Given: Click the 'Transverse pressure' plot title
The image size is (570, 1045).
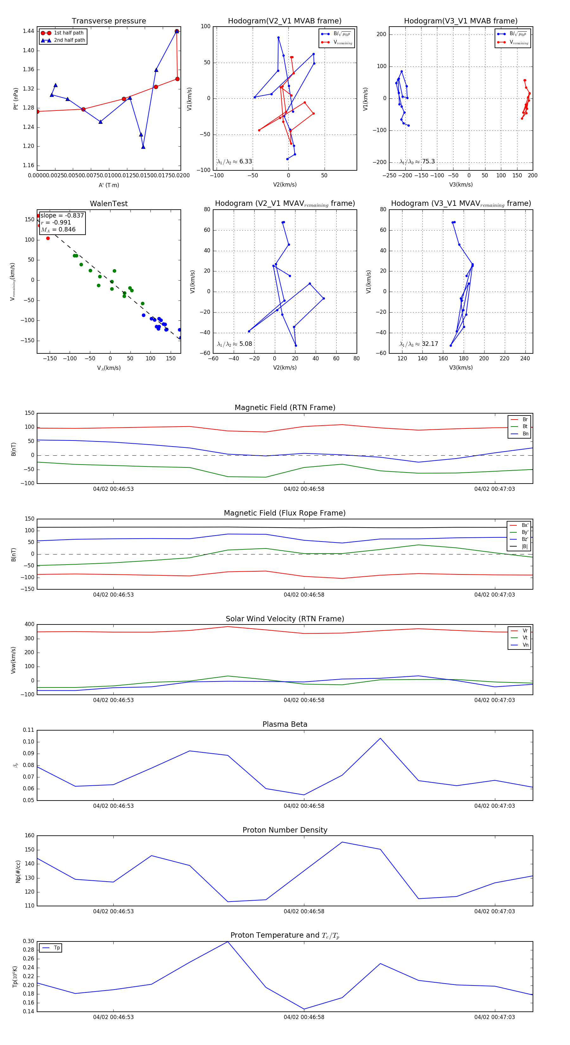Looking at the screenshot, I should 109,21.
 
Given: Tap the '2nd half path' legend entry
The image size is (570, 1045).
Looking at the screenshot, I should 69,40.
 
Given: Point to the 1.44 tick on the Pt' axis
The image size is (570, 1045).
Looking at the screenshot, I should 28,31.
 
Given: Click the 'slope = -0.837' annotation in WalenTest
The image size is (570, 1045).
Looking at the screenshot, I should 62,215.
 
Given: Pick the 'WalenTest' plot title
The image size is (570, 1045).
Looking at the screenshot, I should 109,204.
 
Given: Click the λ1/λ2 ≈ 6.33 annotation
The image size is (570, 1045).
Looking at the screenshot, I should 234,161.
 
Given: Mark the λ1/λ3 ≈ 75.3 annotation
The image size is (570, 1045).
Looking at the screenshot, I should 417,161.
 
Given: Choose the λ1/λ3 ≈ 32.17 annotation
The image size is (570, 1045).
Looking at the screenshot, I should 419,344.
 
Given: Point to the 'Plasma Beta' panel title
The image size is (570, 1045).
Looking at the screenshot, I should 285,724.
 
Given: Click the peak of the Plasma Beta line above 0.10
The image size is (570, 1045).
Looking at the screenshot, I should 380,738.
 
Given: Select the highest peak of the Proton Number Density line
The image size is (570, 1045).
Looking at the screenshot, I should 342,842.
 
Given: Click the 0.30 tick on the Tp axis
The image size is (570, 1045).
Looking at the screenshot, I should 28,941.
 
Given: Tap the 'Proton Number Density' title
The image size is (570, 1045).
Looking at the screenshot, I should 285,830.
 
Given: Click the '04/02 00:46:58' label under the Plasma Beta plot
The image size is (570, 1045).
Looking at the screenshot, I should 304,806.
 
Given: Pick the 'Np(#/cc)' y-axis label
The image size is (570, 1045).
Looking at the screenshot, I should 18,871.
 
